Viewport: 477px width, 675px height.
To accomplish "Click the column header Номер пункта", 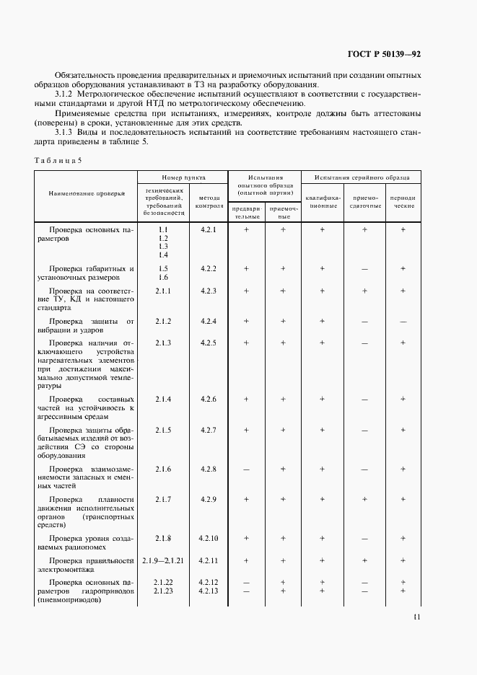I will click(183, 177).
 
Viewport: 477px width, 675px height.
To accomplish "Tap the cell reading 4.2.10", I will click(209, 539).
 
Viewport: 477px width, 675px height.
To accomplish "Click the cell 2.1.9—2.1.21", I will click(163, 560).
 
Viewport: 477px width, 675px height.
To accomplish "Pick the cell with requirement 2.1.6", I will click(163, 469).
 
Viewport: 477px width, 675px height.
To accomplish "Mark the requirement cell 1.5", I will click(163, 268).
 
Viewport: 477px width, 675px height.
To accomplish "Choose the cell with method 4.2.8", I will click(209, 469).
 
